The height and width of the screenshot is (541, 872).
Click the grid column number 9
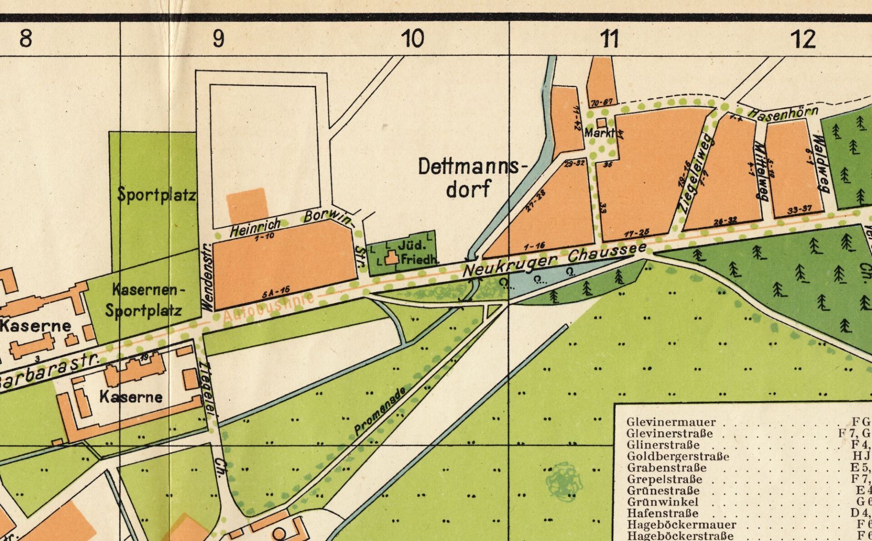pos(218,39)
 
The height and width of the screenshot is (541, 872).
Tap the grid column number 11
pos(609,39)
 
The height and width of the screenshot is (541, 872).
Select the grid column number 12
pos(803,39)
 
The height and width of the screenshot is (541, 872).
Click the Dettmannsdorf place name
pos(471,177)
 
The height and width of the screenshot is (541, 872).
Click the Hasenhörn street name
pos(783,113)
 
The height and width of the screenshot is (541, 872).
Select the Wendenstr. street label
pos(207,277)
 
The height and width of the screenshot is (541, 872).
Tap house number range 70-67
pos(602,103)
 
